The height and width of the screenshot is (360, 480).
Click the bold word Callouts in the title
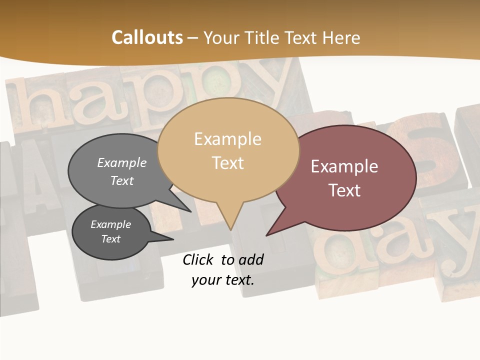click(147, 37)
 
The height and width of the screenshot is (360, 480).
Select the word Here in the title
click(341, 37)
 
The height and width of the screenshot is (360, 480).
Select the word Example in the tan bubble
click(227, 138)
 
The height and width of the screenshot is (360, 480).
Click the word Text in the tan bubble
click(228, 162)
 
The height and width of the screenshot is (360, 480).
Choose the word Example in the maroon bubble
click(344, 166)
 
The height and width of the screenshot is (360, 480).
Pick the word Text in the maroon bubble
click(344, 190)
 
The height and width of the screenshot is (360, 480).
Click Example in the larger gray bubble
click(121, 162)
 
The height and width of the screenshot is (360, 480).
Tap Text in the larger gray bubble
click(121, 180)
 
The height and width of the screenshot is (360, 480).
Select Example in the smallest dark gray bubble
click(110, 224)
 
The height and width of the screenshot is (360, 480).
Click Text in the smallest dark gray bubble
click(110, 239)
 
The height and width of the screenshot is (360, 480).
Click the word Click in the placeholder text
click(199, 259)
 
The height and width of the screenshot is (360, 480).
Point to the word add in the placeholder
click(250, 259)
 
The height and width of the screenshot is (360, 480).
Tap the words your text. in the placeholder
click(222, 280)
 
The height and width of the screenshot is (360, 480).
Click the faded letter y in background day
click(457, 240)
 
